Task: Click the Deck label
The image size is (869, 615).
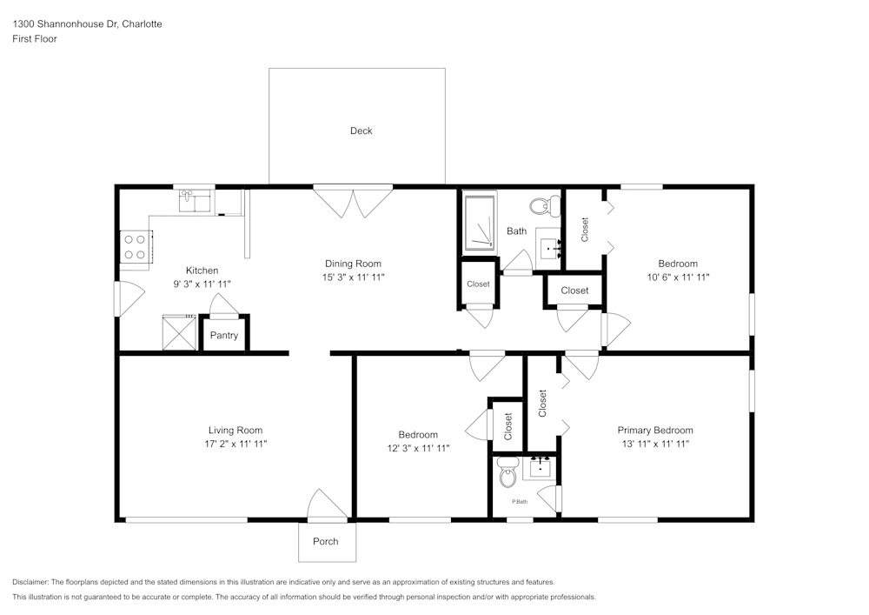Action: pos(361,131)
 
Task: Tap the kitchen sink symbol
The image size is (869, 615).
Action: pos(196,202)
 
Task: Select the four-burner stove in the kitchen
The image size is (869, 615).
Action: pos(135,247)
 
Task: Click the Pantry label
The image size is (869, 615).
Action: pos(224,336)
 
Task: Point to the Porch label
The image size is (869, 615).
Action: pos(326,542)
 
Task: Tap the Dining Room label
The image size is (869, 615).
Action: pos(353,264)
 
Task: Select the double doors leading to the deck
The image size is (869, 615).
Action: pos(353,202)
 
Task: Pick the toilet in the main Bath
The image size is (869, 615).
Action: pos(545,207)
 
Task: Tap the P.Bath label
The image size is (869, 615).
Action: pos(520,502)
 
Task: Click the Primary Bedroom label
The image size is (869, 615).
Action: pos(655,431)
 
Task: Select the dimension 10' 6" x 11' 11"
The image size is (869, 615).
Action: pos(678,277)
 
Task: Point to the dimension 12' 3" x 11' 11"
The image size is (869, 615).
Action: pos(418,449)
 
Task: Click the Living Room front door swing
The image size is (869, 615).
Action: pos(327,505)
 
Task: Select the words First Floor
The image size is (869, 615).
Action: pos(35,39)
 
